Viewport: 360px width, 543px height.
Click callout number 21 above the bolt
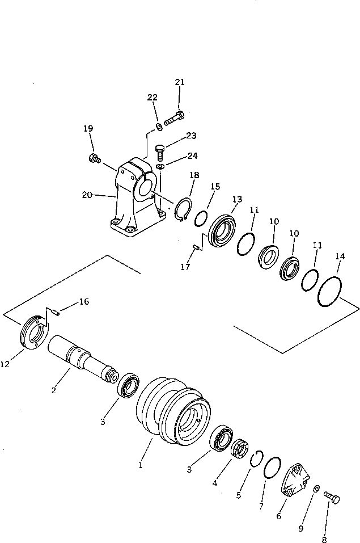click(180, 82)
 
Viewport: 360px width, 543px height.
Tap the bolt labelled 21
click(174, 120)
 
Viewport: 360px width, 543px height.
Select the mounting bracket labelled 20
click(135, 199)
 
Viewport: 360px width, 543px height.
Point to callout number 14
click(340, 256)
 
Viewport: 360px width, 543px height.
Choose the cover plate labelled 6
click(296, 481)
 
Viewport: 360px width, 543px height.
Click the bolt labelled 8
click(332, 498)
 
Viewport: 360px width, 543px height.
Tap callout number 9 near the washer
click(301, 528)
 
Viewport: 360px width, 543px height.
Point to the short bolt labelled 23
click(161, 150)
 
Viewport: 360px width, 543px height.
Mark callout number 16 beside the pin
click(84, 302)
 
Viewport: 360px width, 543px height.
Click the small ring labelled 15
click(201, 218)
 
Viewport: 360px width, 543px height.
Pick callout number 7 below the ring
click(261, 505)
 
